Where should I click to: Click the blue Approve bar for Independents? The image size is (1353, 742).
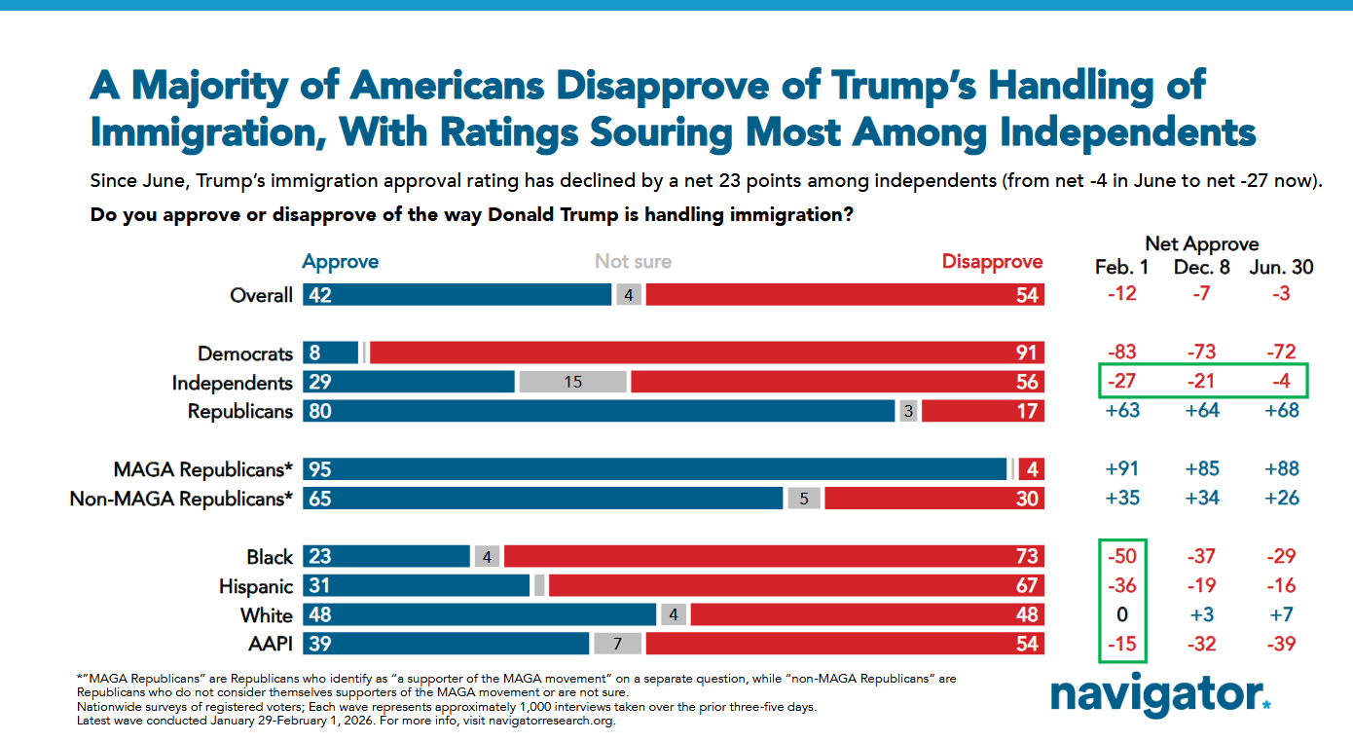click(409, 382)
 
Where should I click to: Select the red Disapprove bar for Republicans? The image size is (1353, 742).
click(982, 411)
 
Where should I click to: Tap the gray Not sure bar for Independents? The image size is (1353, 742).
click(572, 382)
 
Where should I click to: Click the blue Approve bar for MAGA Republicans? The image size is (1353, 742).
click(654, 469)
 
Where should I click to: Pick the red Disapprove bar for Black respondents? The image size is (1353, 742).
click(774, 557)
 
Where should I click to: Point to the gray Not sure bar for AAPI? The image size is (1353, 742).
click(616, 644)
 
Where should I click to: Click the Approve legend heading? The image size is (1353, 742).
click(341, 262)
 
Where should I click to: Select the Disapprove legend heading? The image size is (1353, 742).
click(992, 262)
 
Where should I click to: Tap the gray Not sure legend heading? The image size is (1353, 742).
click(633, 262)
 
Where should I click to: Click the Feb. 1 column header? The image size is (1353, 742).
click(1121, 267)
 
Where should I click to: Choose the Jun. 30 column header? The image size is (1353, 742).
click(1281, 267)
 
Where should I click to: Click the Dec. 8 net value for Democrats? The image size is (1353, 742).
click(1201, 352)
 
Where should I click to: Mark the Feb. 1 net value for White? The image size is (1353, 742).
click(1121, 615)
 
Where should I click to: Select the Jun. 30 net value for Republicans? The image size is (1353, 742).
click(1281, 411)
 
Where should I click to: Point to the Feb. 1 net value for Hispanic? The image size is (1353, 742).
click(1121, 586)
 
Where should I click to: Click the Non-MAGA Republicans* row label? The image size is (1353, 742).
click(181, 499)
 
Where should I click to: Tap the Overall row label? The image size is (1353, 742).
click(260, 295)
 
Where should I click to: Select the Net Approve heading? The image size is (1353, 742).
click(1201, 243)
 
